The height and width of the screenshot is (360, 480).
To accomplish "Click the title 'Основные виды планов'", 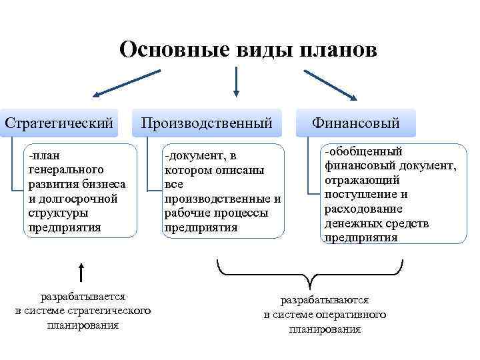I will click(248, 50).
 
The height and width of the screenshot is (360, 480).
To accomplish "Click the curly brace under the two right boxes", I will click(311, 272).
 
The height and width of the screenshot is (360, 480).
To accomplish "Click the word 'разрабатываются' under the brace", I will click(324, 301).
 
